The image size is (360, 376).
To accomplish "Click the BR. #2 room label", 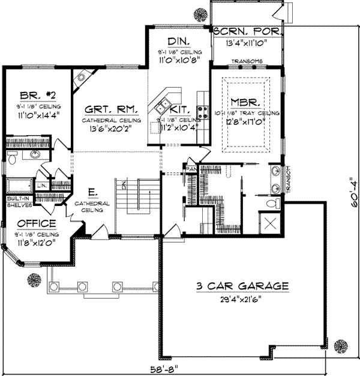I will pos(29,94).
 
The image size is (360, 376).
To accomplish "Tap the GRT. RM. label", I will pos(111,110).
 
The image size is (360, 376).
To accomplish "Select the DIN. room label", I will pos(179,41).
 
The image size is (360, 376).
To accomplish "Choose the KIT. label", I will pos(180,110).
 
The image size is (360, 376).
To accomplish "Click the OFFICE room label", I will pos(37,223).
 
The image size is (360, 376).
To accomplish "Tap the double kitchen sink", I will pos(162,108).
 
